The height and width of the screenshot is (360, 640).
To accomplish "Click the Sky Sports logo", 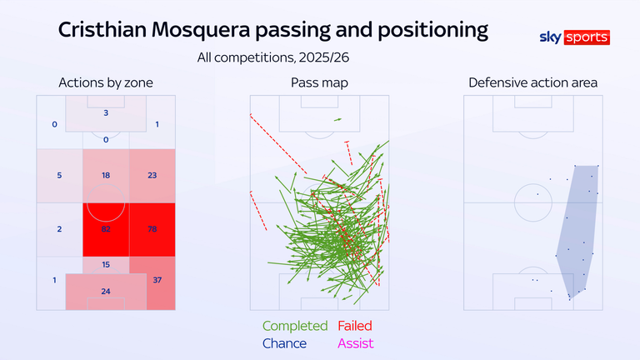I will [576, 37].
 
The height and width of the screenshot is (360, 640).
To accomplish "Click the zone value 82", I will [105, 229].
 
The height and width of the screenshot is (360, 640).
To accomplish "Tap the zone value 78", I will [152, 229].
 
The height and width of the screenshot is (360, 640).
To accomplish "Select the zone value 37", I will [157, 280].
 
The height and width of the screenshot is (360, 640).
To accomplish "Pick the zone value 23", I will [152, 175].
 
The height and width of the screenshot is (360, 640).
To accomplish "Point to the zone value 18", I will [105, 175].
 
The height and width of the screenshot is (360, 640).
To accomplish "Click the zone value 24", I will [105, 292].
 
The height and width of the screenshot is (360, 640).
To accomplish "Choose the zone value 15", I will [105, 264].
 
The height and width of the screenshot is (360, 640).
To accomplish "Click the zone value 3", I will [106, 112].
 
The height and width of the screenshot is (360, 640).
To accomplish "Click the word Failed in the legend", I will [355, 326].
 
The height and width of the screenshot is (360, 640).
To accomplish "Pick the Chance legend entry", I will [284, 343].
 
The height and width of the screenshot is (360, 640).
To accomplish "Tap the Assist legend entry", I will [356, 343].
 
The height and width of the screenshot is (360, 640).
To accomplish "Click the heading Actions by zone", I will [105, 82].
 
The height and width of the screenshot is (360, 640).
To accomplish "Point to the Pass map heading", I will [319, 82].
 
